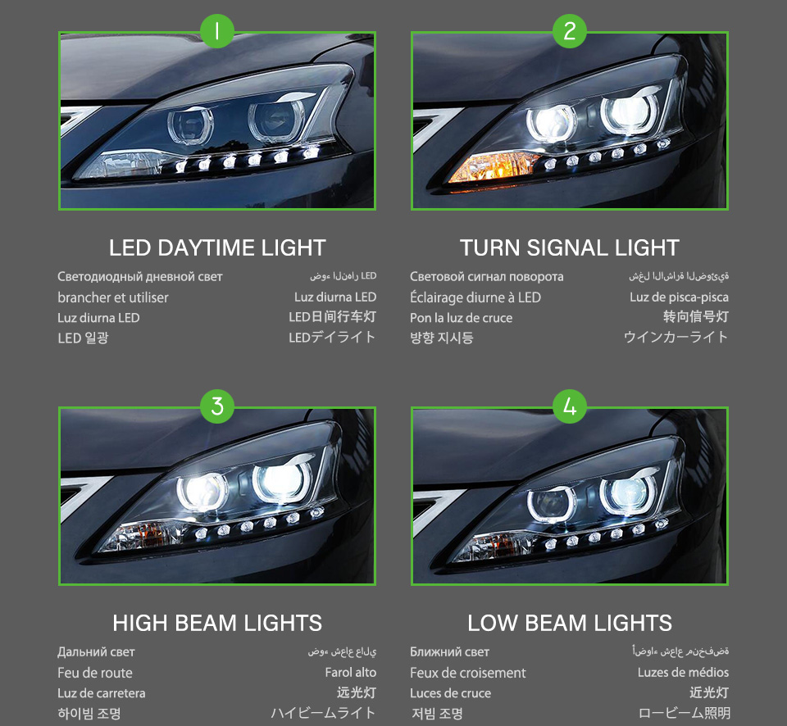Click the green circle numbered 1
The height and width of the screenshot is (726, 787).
tap(217, 32)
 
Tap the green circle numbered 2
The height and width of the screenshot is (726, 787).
tap(570, 32)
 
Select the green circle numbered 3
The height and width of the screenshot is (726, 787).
tap(217, 406)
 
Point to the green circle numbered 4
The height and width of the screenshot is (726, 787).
tap(570, 406)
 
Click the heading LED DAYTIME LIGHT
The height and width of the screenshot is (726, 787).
tap(217, 247)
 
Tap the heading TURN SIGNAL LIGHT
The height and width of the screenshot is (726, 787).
tap(570, 247)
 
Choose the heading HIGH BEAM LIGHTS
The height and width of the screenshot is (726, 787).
tap(217, 623)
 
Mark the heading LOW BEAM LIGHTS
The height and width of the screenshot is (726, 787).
tap(570, 623)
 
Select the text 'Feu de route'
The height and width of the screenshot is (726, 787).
tap(95, 673)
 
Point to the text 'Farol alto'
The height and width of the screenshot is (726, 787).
tap(350, 673)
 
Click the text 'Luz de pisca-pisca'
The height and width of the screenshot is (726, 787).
tap(679, 297)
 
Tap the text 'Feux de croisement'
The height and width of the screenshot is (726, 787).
tap(468, 673)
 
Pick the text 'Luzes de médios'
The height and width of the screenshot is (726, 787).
tap(683, 673)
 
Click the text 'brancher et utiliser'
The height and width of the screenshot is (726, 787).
tap(113, 297)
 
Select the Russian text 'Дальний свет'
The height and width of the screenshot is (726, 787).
tap(96, 652)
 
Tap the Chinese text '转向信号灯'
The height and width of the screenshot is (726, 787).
tap(695, 317)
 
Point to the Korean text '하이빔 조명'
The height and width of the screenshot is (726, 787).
tap(89, 714)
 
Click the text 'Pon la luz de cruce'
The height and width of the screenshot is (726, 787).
tap(462, 318)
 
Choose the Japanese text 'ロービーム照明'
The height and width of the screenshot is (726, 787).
tap(684, 714)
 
